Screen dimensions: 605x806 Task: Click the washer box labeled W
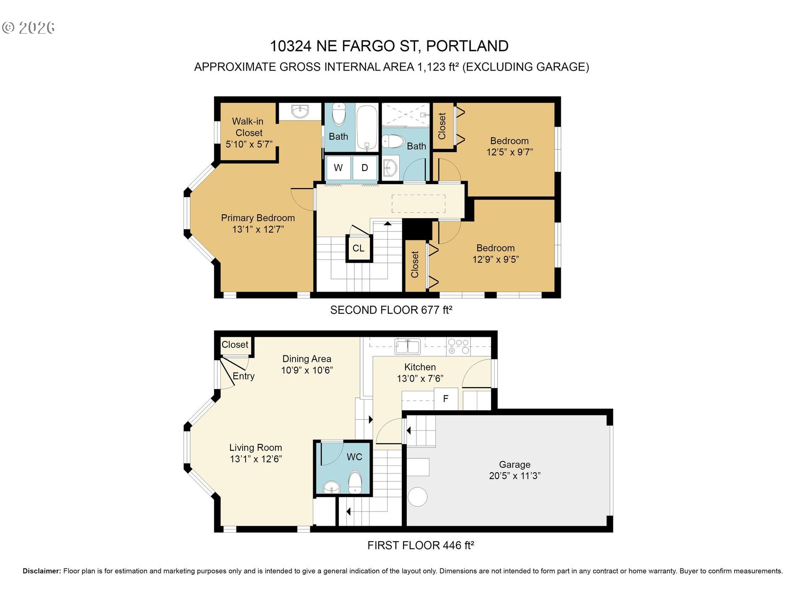(x=338, y=168)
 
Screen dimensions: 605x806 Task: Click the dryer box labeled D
(x=365, y=168)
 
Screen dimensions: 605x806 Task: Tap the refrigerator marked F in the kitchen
(x=445, y=399)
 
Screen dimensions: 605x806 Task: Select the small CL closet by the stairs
(x=359, y=248)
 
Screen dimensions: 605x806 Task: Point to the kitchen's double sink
(x=407, y=347)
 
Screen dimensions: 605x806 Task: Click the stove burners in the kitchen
(x=458, y=346)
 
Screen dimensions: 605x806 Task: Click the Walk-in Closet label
(x=248, y=127)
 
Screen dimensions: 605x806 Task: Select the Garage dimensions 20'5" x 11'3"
(x=515, y=476)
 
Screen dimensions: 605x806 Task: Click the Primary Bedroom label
(x=258, y=218)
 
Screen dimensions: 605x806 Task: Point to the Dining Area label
(x=306, y=359)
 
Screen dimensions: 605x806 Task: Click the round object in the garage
(x=417, y=497)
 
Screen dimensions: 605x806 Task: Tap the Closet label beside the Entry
(x=235, y=345)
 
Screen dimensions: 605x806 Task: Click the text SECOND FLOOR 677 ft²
(x=391, y=310)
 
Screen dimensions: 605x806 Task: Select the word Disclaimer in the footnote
(x=42, y=571)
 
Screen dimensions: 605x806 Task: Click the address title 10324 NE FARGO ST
(x=344, y=46)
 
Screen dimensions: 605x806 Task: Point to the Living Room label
(x=255, y=448)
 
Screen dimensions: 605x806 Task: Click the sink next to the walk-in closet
(x=300, y=112)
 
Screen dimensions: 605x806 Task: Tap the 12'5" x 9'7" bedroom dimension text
(x=510, y=152)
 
